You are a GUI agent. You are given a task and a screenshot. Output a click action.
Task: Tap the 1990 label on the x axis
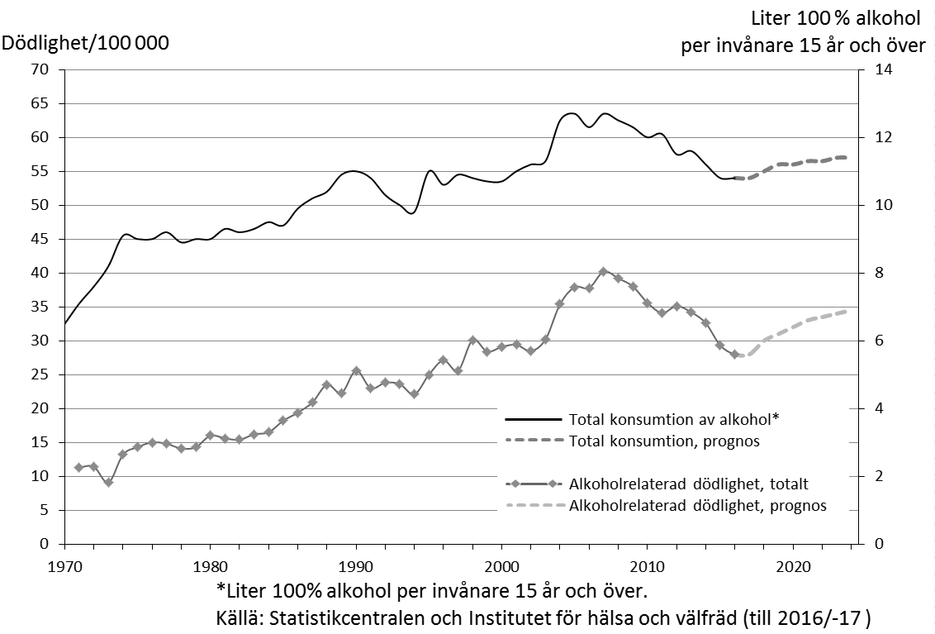coord(355,569)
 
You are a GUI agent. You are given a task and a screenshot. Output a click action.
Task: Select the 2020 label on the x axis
coord(793,569)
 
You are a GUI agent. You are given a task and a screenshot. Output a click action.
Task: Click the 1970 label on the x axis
coord(64,569)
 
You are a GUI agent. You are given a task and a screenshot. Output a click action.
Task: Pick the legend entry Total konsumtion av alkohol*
coord(674,418)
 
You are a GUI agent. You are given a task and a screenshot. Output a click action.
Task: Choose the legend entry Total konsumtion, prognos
coord(664,441)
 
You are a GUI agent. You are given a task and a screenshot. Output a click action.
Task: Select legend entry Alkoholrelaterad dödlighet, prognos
coord(698,505)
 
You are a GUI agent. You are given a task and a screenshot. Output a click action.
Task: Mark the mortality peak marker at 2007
coord(604,271)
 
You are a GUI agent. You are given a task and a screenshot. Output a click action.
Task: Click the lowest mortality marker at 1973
coord(108,482)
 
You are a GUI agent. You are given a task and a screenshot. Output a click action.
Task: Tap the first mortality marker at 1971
coord(79,467)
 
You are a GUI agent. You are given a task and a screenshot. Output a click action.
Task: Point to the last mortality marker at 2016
coord(734,354)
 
